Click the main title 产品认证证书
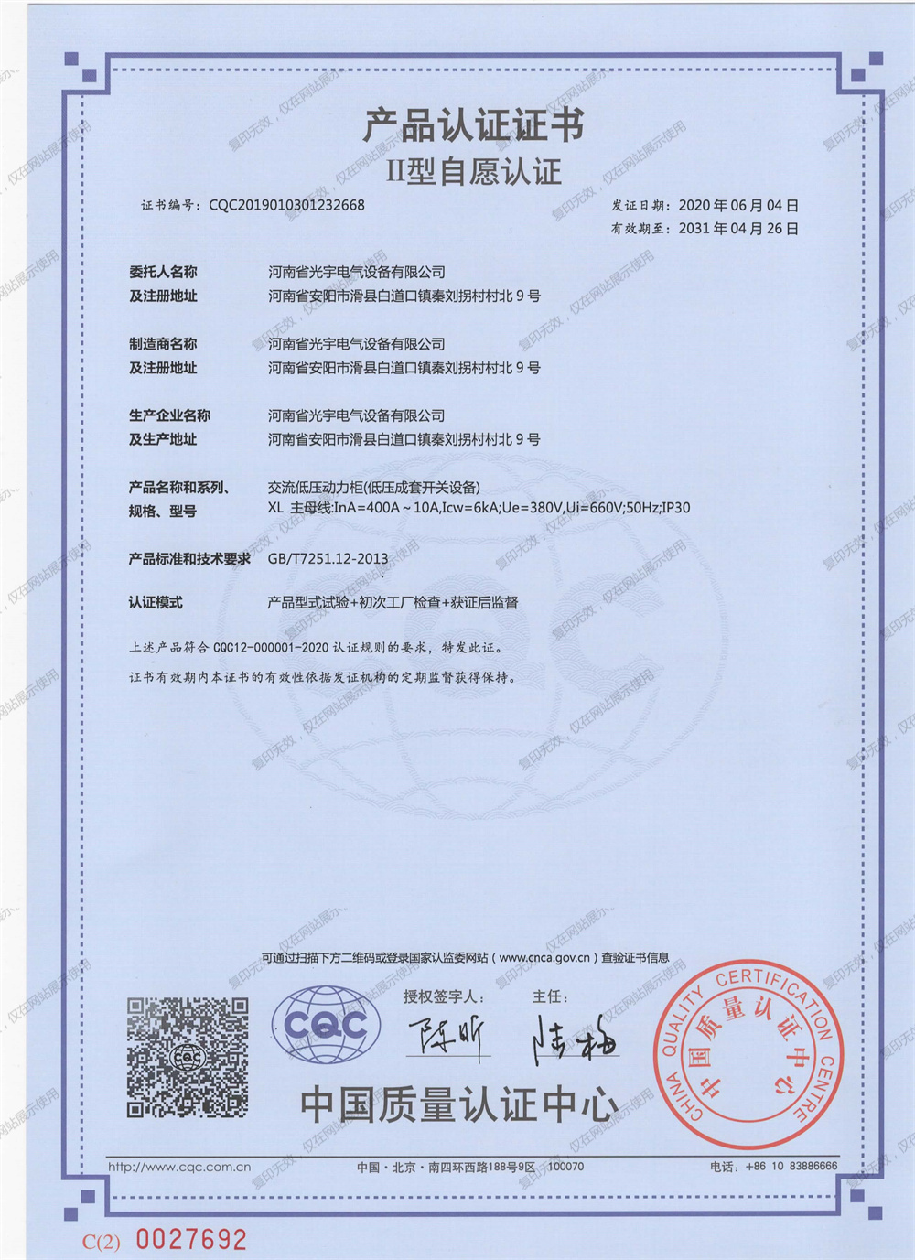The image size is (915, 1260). click(473, 125)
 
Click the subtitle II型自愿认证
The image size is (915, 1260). click(473, 171)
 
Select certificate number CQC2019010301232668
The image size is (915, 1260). click(286, 205)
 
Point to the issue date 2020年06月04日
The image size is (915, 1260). click(737, 205)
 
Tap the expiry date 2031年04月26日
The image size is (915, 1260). click(737, 228)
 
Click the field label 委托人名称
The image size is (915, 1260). click(163, 272)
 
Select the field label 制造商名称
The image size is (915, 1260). click(163, 344)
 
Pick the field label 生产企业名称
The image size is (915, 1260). click(169, 415)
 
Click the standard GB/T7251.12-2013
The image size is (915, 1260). click(328, 558)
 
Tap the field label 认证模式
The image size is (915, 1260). click(156, 602)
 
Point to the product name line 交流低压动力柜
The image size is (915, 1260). click(373, 487)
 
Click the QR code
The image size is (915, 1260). click(188, 1057)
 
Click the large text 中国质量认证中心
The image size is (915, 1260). click(459, 1104)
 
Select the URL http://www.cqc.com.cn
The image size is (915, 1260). click(179, 1167)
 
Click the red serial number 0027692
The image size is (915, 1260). click(191, 1239)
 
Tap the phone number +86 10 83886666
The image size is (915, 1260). click(791, 1166)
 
